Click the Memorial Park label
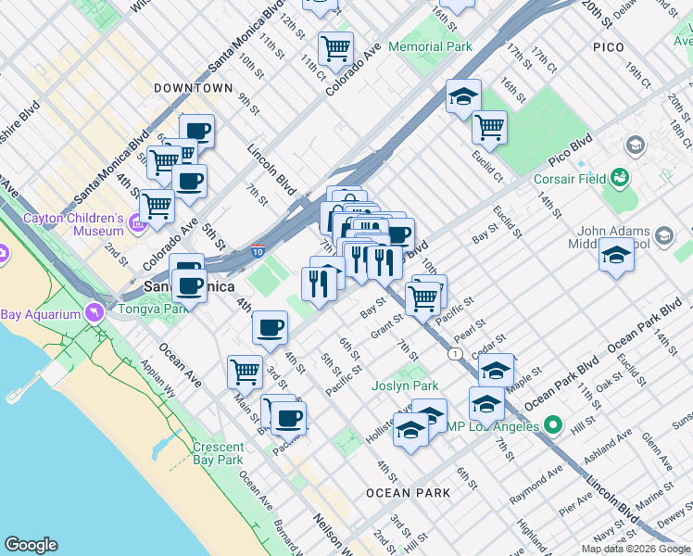point(430,46)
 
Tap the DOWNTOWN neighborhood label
point(194,88)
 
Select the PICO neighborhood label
point(609,46)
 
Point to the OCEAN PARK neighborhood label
point(408,493)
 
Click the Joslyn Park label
point(405,385)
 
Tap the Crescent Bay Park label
point(218,453)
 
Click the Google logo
point(31,545)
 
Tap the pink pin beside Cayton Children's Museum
point(136,222)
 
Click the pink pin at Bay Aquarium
point(94,314)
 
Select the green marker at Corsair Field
point(620,178)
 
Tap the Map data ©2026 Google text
point(635,549)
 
